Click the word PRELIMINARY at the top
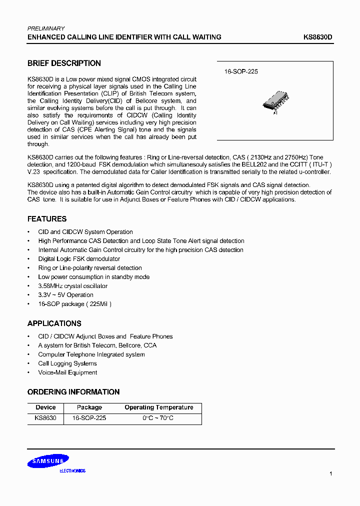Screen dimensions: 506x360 45,28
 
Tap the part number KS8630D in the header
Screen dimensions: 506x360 318,37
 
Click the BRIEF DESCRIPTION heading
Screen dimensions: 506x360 64,63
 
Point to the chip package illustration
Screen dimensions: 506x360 275,103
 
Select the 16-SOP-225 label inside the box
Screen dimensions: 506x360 241,72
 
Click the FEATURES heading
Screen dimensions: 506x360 47,219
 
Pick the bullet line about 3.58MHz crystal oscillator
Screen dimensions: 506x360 73,286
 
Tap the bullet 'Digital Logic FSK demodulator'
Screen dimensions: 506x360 79,259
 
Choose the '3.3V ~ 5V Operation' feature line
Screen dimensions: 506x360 65,295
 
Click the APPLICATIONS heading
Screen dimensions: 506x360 54,323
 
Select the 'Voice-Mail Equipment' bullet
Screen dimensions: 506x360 67,372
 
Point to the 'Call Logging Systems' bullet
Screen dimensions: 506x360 67,363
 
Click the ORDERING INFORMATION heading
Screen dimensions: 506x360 73,392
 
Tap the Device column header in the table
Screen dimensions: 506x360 45,407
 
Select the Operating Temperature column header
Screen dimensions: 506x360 158,407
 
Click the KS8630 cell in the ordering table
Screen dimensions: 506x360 45,418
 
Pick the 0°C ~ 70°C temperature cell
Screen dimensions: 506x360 158,418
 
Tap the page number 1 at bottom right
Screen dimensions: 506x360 330,473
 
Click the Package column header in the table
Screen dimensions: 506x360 89,407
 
